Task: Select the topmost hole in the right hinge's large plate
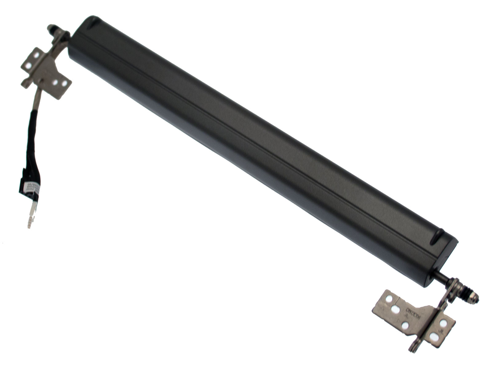[388, 298]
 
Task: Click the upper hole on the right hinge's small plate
[444, 323]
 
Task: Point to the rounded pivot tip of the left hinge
[50, 28]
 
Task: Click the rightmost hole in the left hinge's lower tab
[64, 83]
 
